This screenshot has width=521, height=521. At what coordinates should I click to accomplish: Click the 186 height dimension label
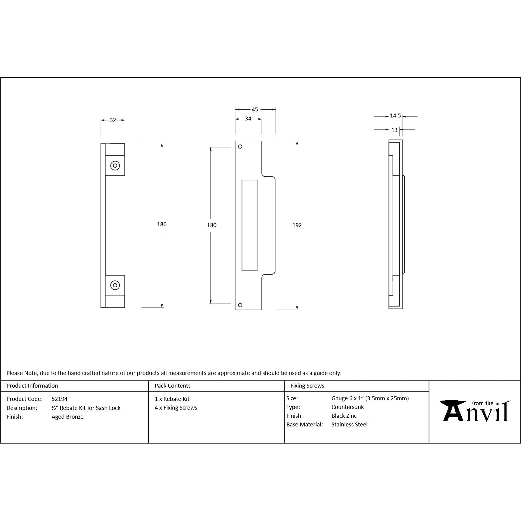click(x=162, y=224)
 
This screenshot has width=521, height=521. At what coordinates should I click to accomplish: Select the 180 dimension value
click(x=212, y=225)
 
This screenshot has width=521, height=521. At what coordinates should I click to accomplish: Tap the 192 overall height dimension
click(x=297, y=225)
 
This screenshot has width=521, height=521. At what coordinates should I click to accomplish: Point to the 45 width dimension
click(x=255, y=110)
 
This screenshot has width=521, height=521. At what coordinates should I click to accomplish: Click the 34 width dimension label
click(x=248, y=119)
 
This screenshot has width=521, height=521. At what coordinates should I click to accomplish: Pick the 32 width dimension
click(x=113, y=120)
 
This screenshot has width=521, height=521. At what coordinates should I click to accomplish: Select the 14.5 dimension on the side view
click(x=395, y=116)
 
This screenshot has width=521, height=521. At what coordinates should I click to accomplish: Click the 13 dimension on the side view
click(x=394, y=130)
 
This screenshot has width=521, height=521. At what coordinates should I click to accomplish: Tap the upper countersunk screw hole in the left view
click(x=115, y=166)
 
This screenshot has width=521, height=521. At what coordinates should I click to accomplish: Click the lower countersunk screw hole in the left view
click(x=115, y=285)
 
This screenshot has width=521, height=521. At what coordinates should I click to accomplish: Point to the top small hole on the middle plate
click(x=240, y=147)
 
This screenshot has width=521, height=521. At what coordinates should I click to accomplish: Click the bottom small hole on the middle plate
click(x=240, y=305)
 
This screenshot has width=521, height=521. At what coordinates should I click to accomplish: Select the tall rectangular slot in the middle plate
click(x=249, y=225)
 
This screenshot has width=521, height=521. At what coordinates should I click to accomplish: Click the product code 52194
click(x=60, y=399)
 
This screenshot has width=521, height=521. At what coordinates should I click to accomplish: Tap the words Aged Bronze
click(x=67, y=416)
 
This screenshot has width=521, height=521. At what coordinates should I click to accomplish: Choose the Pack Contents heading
click(x=173, y=385)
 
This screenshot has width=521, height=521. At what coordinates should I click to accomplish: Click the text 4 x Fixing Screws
click(x=176, y=407)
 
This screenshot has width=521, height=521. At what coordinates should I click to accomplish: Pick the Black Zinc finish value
click(x=344, y=416)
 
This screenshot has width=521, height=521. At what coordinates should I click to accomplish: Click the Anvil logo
click(x=475, y=411)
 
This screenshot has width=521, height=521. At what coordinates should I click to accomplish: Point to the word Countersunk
click(x=348, y=407)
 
